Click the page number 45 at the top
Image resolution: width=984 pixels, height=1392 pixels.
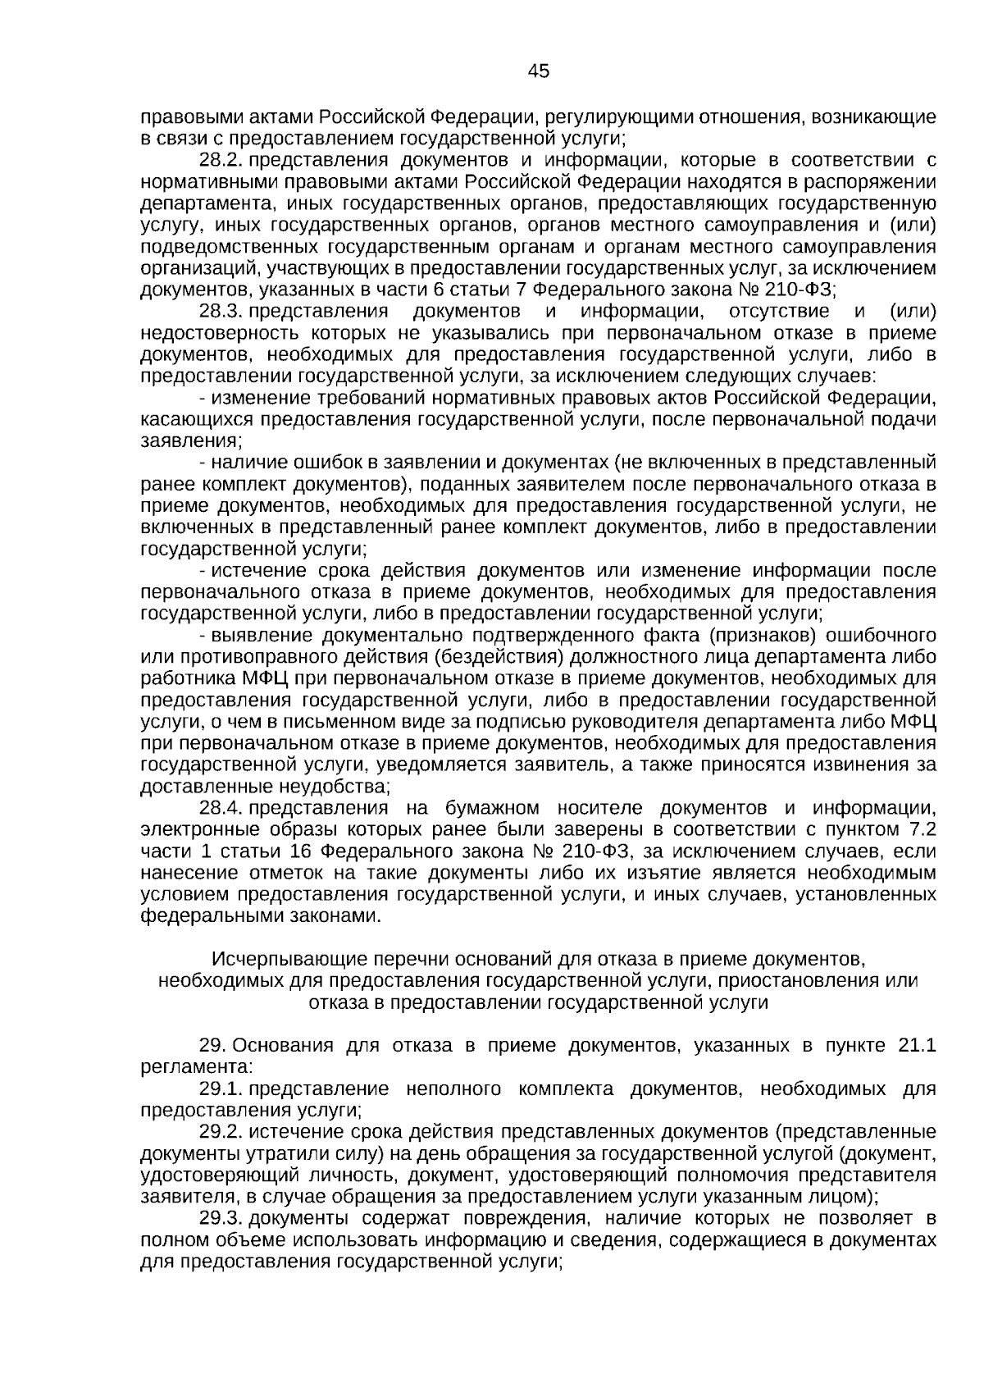pyautogui.click(x=539, y=71)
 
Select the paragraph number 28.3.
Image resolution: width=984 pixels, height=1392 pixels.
pyautogui.click(x=221, y=311)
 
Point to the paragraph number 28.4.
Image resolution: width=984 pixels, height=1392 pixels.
pyautogui.click(x=221, y=808)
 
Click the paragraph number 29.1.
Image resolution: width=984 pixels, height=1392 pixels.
pyautogui.click(x=221, y=1089)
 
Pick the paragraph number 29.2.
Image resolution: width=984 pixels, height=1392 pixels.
pyautogui.click(x=221, y=1133)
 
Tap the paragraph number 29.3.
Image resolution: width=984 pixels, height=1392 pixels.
pyautogui.click(x=221, y=1218)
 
